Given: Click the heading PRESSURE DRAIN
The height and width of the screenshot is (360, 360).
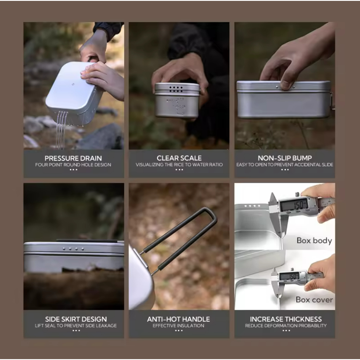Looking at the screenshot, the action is [73, 158].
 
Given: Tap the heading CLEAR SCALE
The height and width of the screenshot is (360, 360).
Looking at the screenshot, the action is [179, 158].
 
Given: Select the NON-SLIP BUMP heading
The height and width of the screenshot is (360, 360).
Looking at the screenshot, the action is [284, 158].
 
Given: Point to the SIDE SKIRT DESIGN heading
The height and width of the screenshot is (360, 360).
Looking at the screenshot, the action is [76, 319].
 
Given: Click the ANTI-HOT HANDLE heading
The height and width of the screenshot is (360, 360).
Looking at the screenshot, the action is [178, 319].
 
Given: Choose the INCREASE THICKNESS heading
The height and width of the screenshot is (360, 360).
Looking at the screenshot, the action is [286, 319].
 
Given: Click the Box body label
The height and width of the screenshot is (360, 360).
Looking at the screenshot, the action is [314, 241].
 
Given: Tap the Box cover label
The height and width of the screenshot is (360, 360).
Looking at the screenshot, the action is [314, 299].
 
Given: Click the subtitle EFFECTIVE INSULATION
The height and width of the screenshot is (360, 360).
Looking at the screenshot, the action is [178, 326].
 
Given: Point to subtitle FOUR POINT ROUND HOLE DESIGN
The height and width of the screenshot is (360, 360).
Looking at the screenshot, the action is [73, 165].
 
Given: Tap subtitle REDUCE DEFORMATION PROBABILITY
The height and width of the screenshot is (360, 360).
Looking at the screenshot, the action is [286, 326].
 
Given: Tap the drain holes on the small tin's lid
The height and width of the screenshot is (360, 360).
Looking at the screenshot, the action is [176, 89].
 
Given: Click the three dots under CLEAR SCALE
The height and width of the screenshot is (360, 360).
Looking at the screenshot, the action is [179, 169].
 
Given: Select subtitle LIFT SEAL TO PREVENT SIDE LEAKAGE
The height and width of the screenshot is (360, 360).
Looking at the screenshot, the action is [76, 326].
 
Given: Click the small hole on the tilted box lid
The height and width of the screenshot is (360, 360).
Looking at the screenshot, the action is [73, 84].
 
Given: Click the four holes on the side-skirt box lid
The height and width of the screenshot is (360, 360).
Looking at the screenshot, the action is [73, 249].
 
